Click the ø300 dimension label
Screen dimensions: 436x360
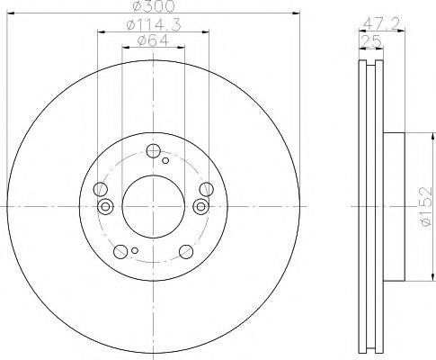click(x=153, y=6)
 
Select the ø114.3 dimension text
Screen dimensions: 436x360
click(x=154, y=25)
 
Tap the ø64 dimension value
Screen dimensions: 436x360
click(x=153, y=40)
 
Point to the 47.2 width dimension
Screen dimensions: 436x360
click(x=381, y=23)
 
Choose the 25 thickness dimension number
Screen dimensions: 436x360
click(x=370, y=40)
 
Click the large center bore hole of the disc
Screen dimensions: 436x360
click(x=153, y=207)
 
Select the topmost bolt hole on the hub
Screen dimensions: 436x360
click(x=154, y=151)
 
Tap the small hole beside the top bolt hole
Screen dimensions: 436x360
click(x=165, y=160)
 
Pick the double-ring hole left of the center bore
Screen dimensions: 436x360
click(x=105, y=207)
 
